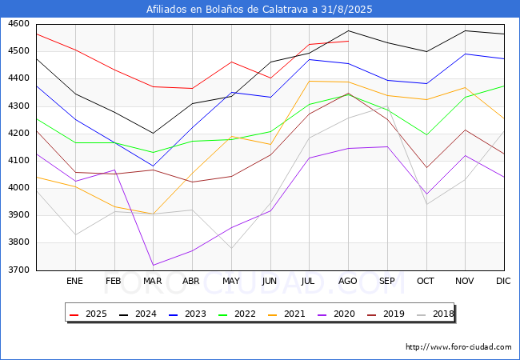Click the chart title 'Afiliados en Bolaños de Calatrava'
pyautogui.click(x=259, y=10)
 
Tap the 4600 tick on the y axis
pyautogui.click(x=18, y=24)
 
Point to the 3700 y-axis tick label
pyautogui.click(x=18, y=270)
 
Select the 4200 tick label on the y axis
pyautogui.click(x=18, y=134)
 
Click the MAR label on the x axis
pyautogui.click(x=152, y=281)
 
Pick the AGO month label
pyautogui.click(x=347, y=281)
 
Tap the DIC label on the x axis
pyautogui.click(x=503, y=281)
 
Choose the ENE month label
pyautogui.click(x=74, y=281)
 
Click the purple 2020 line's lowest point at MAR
pyautogui.click(x=153, y=265)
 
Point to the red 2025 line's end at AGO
pyautogui.click(x=348, y=41)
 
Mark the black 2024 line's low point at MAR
pyautogui.click(x=153, y=134)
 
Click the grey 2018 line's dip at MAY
pyautogui.click(x=230, y=248)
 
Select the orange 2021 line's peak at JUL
pyautogui.click(x=309, y=81)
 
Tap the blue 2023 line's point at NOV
pyautogui.click(x=465, y=54)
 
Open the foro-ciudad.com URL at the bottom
pyautogui.click(x=458, y=347)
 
